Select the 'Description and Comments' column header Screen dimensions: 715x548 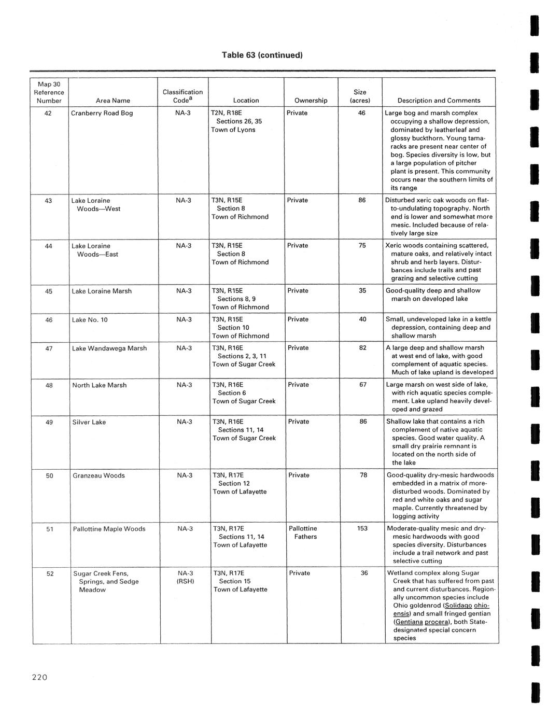(439, 101)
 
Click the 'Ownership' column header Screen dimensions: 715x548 (311, 101)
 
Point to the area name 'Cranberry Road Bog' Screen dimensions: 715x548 (102, 113)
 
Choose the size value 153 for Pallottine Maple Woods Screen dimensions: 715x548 (362, 528)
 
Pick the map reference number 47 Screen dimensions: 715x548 (49, 348)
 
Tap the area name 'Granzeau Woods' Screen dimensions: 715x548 (99, 475)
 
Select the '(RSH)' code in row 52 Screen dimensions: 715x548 (185, 581)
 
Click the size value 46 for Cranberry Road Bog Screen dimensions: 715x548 (362, 113)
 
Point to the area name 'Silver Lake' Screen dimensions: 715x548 (89, 422)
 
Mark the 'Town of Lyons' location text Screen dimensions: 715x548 (233, 130)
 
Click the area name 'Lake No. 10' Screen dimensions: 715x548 (90, 319)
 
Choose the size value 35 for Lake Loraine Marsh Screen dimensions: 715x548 (362, 291)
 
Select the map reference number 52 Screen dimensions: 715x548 (50, 573)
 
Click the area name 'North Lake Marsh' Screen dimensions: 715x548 (100, 385)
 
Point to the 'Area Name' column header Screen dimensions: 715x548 (113, 101)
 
